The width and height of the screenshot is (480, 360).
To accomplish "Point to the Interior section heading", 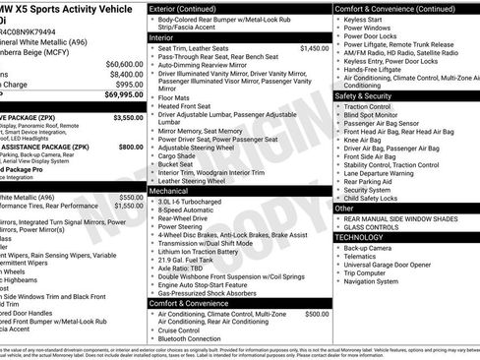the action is [162, 36].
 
